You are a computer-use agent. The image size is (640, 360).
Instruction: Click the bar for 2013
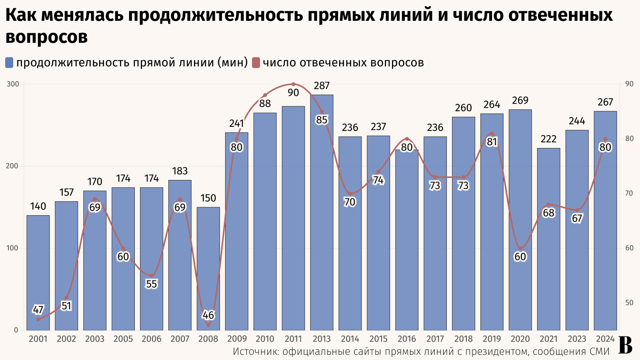322,212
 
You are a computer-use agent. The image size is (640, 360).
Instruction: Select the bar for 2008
208,268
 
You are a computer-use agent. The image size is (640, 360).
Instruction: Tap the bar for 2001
38,272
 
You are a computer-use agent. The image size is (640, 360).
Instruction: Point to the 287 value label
322,86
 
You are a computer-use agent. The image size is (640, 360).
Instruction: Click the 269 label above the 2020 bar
520,100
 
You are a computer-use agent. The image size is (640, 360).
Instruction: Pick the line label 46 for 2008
208,315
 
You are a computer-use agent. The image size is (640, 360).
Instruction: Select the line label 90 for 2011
293,93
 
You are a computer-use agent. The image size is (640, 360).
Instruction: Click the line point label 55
151,284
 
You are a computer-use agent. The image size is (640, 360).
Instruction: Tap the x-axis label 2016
407,339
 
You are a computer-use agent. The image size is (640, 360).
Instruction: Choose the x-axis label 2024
605,339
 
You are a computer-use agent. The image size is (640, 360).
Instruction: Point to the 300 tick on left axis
13,84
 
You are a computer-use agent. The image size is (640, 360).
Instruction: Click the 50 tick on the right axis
629,303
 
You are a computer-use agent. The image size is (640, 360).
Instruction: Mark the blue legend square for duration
9,63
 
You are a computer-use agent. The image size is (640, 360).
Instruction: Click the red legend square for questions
256,63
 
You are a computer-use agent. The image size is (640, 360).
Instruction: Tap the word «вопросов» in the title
47,37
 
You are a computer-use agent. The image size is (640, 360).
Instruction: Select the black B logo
625,345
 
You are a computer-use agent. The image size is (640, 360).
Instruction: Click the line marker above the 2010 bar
265,95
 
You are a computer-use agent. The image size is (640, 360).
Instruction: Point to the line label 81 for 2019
492,142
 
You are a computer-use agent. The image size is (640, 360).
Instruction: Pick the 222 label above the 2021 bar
548,139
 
